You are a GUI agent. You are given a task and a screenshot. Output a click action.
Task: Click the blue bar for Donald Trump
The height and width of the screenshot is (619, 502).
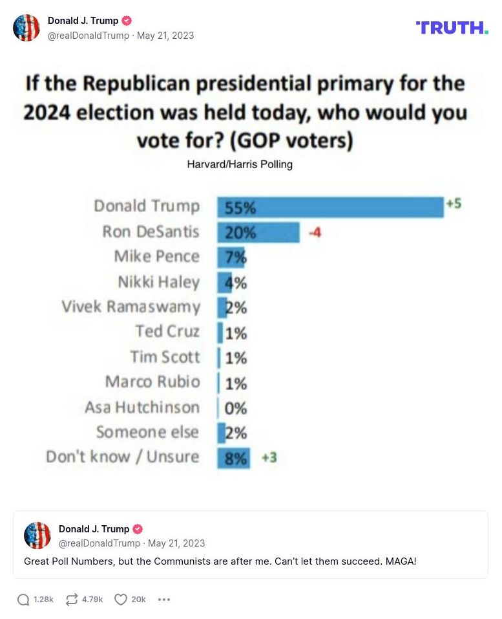point(330,207)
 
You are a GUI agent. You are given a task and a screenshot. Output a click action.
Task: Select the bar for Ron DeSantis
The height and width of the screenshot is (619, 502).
point(258,232)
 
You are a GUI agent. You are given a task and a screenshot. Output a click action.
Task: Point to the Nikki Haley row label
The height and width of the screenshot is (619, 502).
point(158,282)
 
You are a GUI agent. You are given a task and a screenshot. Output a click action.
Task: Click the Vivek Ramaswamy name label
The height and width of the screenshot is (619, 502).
point(131,307)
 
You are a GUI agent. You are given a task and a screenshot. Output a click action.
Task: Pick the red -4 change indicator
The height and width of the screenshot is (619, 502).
point(314,232)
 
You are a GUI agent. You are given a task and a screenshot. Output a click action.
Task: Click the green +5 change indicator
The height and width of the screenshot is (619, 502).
point(454,204)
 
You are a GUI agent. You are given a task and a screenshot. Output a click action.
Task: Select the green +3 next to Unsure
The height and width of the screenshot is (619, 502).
point(269,457)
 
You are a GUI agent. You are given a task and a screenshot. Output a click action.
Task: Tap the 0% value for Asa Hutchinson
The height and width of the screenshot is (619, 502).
point(236,408)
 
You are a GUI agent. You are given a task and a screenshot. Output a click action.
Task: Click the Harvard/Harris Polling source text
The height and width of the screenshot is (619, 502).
point(240,164)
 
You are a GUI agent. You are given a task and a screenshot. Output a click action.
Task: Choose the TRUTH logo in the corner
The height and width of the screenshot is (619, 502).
point(452,27)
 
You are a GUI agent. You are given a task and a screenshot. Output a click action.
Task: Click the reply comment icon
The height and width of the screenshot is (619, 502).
point(23,600)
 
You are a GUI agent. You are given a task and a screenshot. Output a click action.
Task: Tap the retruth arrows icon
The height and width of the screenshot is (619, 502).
point(72,600)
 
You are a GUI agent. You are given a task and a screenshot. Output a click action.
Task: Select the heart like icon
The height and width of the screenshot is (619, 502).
point(121,600)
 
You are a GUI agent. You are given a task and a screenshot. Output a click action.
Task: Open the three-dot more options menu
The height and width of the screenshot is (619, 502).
point(164,600)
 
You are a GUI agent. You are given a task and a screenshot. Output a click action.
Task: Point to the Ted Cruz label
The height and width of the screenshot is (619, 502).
point(167,331)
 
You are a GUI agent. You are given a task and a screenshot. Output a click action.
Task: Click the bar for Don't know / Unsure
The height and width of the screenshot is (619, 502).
point(233,457)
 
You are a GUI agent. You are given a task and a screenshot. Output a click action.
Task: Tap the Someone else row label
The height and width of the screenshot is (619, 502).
point(147,432)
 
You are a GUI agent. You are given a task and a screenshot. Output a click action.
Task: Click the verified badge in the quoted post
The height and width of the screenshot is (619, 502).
point(138,529)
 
